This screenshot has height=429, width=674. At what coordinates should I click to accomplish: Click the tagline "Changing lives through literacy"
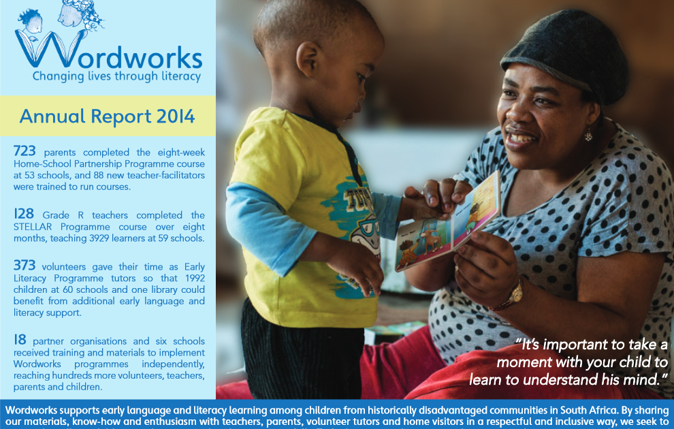[116, 76]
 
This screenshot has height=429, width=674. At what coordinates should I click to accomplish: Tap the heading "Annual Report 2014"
[107, 116]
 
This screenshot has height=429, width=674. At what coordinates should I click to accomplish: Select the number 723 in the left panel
[25, 151]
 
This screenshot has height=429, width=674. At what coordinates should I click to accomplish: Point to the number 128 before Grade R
[24, 214]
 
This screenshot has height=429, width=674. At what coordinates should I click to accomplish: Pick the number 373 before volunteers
[25, 266]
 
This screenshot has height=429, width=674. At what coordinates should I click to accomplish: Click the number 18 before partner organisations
[20, 340]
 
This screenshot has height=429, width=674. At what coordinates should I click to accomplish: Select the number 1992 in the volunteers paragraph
[195, 278]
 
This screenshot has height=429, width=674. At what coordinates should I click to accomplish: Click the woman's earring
[588, 136]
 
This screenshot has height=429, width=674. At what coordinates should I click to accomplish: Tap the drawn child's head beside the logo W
[31, 21]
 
